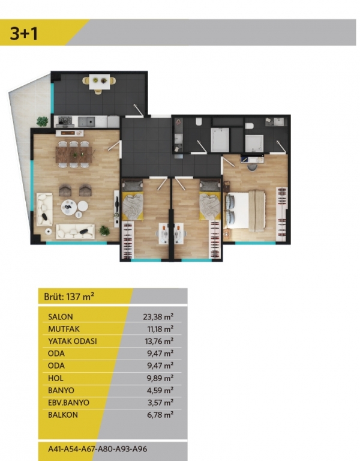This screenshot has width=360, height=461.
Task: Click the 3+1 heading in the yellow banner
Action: (x=24, y=33)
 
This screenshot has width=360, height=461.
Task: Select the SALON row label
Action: (x=60, y=317)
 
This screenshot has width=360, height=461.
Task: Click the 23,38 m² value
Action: (x=158, y=317)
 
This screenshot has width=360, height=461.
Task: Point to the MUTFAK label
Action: (x=64, y=329)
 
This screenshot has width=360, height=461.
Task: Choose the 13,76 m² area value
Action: (x=159, y=341)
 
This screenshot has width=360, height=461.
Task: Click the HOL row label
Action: (x=56, y=378)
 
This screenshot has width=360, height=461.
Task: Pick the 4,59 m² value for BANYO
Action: (x=160, y=390)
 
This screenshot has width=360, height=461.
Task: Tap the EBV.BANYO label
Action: (x=68, y=403)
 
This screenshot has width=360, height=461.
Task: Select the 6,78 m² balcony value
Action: (x=160, y=415)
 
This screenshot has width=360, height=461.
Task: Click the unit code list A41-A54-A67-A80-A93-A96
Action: (x=97, y=449)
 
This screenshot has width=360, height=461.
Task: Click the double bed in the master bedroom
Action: (x=245, y=209)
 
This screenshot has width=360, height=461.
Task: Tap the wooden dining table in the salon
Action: (x=74, y=155)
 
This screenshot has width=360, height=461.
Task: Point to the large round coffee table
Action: (x=69, y=207)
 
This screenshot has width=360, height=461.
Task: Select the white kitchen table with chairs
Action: (x=100, y=82)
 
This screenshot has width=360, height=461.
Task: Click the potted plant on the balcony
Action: (x=43, y=121)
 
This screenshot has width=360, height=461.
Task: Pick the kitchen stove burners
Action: (x=65, y=120)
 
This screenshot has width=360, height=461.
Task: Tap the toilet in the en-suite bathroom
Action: (x=250, y=126)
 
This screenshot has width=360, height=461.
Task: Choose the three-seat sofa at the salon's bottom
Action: (x=75, y=231)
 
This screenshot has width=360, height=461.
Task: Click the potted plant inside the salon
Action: (x=104, y=230)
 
